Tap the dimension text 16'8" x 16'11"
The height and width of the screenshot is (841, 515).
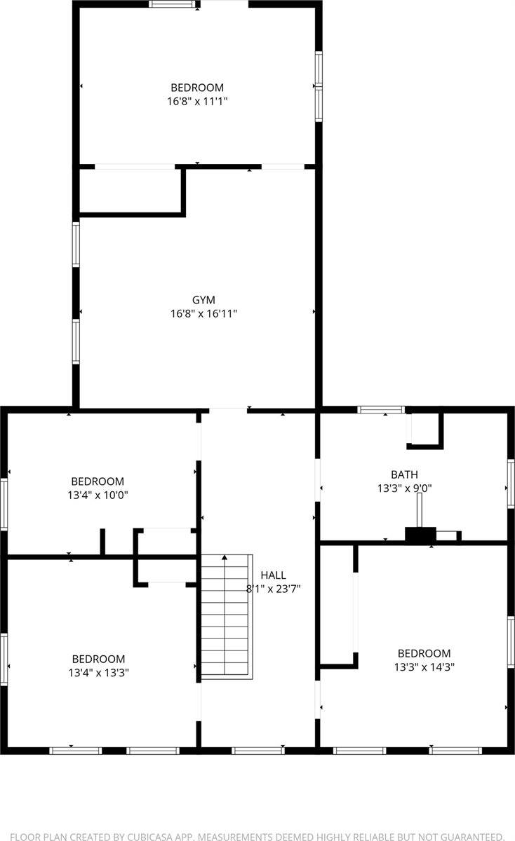point(203,314)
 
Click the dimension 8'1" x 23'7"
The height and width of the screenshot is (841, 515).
point(273,589)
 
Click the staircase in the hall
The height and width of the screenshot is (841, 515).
point(225,617)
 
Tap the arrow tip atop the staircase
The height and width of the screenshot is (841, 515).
point(225,557)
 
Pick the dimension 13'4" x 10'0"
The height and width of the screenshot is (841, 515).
point(98,495)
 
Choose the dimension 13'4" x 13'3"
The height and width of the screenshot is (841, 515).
point(98,672)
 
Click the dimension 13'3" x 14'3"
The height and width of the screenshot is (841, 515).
point(424,667)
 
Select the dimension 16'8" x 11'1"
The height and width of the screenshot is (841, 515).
point(197,101)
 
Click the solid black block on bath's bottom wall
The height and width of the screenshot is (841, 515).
point(420,535)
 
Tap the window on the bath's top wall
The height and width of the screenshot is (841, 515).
point(381,409)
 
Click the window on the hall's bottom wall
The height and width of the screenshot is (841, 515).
point(257,751)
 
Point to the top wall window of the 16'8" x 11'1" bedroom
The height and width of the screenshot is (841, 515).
point(173,4)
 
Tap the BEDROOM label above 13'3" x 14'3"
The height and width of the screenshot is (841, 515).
point(424,653)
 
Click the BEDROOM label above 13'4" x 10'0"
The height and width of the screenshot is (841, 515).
point(98,481)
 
